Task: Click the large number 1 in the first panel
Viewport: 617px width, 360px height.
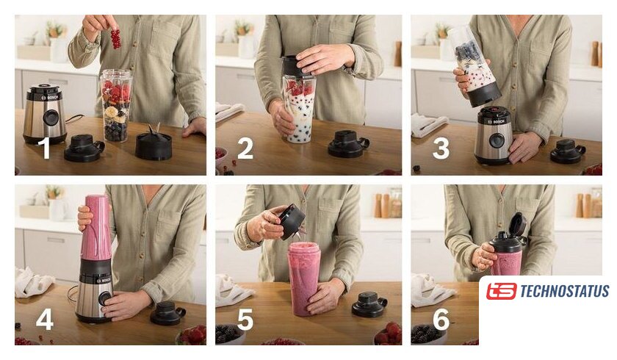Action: click(46, 148)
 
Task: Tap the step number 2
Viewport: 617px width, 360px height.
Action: click(245, 148)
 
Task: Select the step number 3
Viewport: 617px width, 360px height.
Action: click(441, 148)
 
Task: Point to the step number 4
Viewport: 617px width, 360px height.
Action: click(45, 319)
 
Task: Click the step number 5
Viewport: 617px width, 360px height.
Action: click(245, 319)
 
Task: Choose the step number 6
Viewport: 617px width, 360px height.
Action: click(441, 319)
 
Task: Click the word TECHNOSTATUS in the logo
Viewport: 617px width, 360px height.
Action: click(565, 292)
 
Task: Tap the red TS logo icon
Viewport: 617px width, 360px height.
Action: click(501, 292)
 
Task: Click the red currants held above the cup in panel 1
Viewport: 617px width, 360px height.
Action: click(115, 39)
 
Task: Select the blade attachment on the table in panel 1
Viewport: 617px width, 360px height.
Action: click(154, 143)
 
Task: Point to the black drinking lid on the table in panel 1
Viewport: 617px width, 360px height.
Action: click(84, 148)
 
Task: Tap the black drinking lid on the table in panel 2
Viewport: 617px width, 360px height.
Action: click(349, 144)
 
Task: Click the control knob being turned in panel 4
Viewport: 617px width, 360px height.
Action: click(104, 299)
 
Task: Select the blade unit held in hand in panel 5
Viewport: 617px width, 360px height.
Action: click(293, 223)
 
